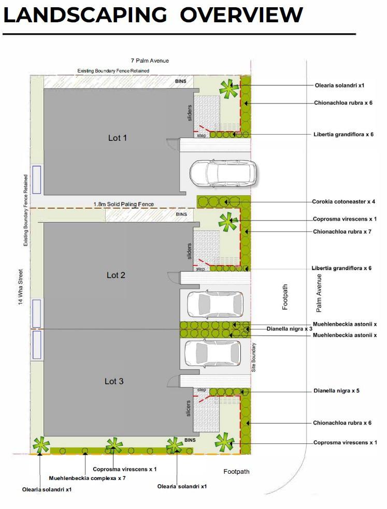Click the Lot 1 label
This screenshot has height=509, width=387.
[117, 138]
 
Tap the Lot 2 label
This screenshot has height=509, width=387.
[116, 275]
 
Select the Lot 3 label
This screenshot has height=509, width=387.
[114, 382]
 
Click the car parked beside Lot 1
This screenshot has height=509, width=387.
[223, 173]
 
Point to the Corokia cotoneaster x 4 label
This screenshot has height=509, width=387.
[343, 201]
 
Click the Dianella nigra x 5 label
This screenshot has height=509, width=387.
[336, 391]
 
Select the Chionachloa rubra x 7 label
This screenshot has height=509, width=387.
[342, 232]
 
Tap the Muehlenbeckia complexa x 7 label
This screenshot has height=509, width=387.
[87, 478]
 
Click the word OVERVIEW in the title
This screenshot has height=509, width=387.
[241, 14]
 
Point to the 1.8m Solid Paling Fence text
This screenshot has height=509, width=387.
[124, 204]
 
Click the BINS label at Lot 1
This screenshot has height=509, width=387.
[181, 81]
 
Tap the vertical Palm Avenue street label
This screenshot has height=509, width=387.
[319, 293]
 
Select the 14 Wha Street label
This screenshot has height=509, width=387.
[21, 287]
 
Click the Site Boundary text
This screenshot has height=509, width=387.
[253, 357]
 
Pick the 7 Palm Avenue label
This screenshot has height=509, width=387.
[150, 61]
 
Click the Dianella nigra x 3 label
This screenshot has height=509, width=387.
[289, 329]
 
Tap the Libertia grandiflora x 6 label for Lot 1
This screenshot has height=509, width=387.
[343, 135]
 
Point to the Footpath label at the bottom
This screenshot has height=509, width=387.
[236, 472]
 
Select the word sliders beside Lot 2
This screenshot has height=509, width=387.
[189, 251]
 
